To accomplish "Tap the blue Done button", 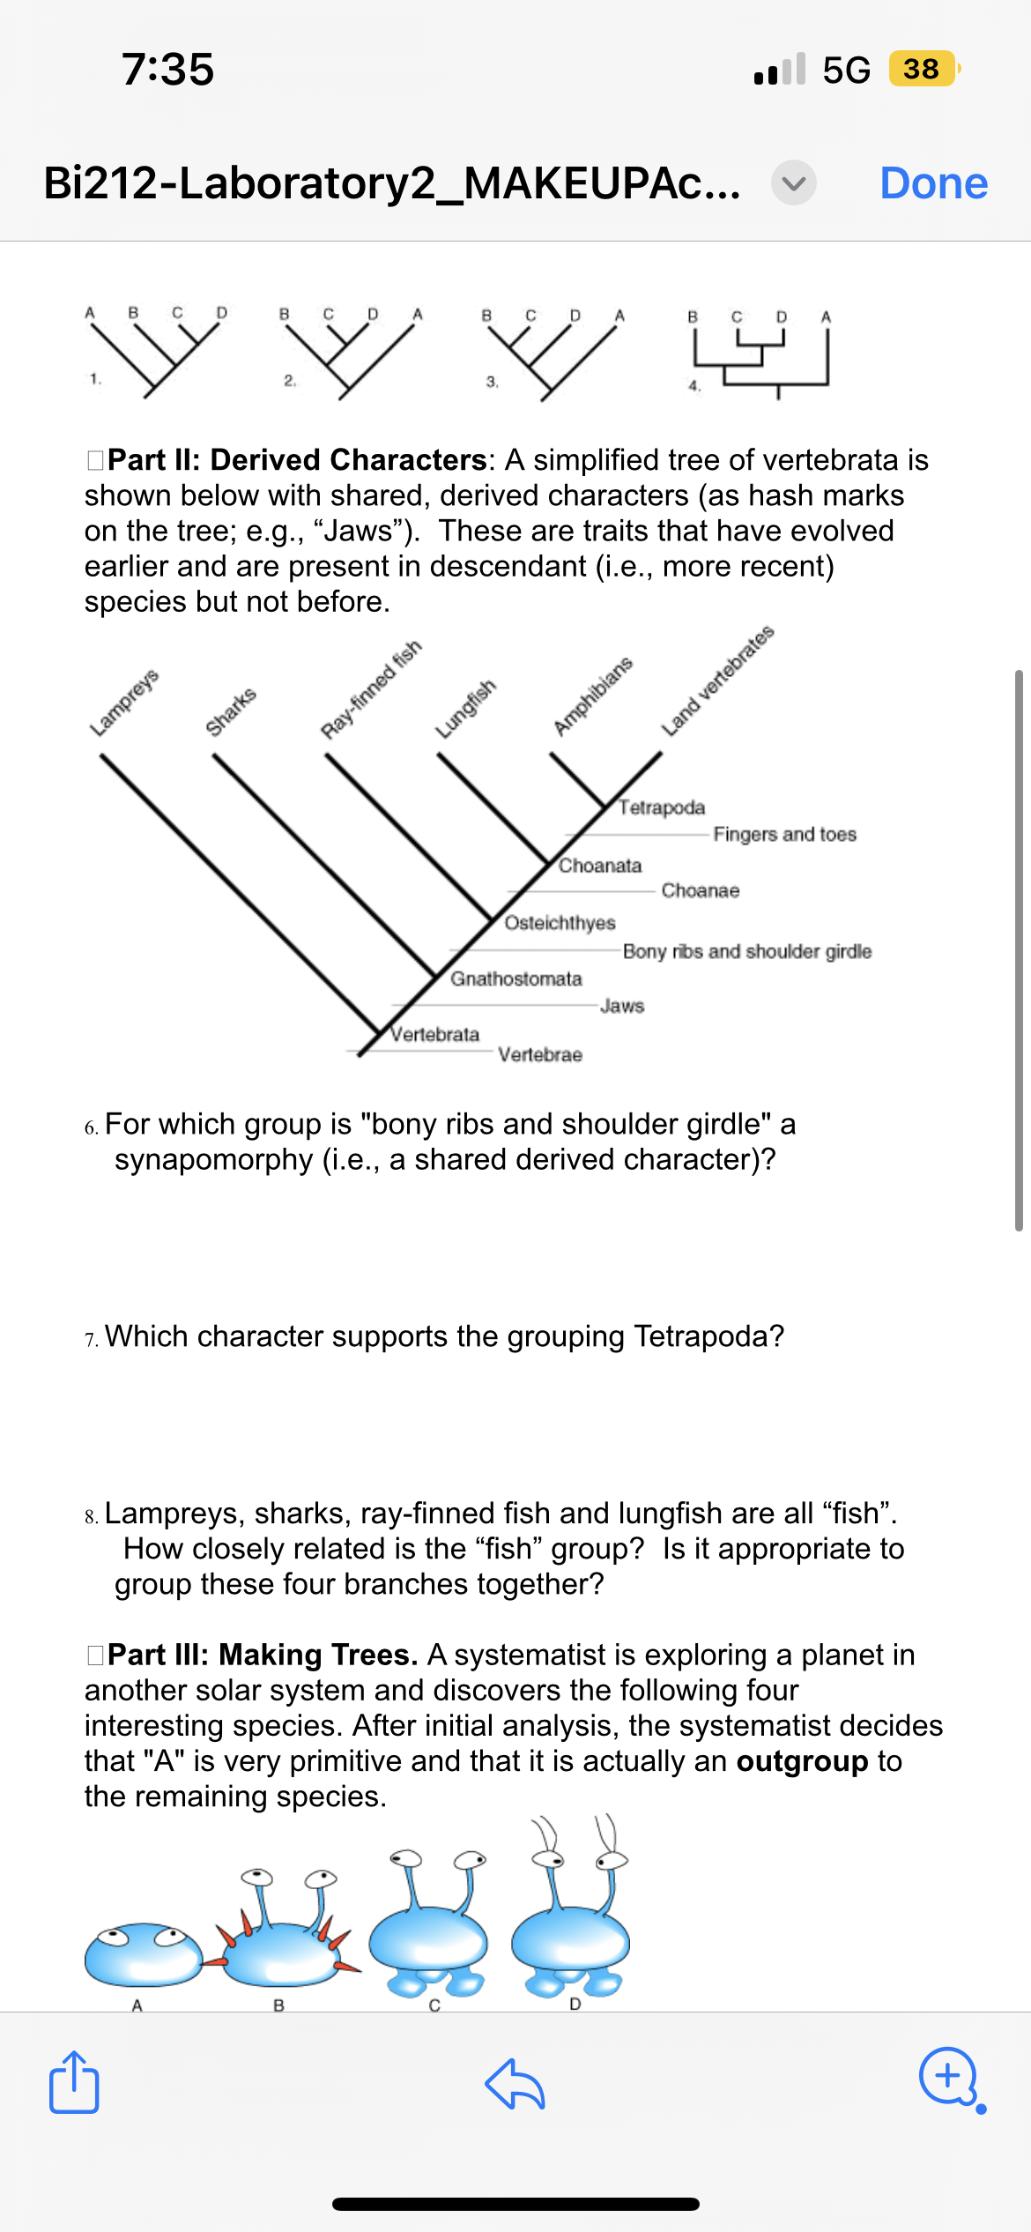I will (933, 183).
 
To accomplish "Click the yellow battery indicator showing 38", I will (922, 69).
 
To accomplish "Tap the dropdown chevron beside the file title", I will (793, 183).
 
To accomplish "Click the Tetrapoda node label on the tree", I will (662, 807).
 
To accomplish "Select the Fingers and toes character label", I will (784, 834).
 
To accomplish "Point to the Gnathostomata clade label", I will (516, 978).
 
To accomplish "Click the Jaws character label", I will (622, 1006).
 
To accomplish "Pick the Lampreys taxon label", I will (124, 703).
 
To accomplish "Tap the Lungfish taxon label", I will (465, 709).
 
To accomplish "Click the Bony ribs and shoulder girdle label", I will (746, 951).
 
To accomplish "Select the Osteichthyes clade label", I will (560, 922).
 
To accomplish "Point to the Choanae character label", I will (700, 890).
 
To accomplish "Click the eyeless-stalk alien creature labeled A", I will (143, 1953).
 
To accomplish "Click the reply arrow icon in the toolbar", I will (515, 2084).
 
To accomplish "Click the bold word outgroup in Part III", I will (802, 1761).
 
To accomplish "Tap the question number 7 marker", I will (92, 1339).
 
